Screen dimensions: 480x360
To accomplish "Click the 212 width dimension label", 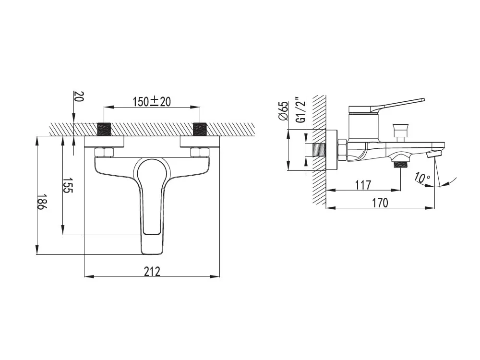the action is point(152,271).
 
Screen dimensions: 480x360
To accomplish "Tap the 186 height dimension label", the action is point(42,202).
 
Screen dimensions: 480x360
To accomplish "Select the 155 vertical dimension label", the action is point(68,185).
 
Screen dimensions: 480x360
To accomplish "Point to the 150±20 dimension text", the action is point(152,101).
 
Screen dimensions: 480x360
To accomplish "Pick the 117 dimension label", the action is point(363,185).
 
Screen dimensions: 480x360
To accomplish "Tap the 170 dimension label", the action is point(380,203).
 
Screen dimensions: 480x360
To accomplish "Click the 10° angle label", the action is point(422,178).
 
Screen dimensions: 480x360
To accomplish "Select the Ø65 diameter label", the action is point(284,111).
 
